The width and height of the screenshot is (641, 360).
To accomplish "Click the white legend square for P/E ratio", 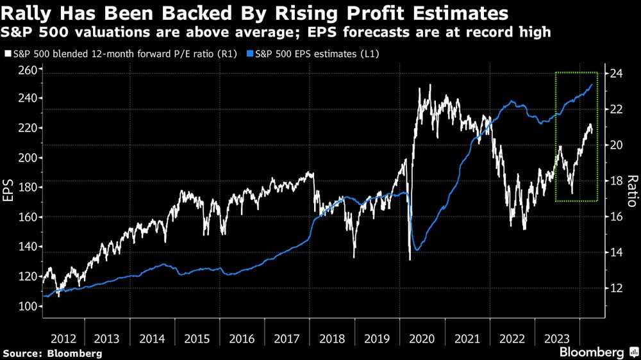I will tap(7, 55).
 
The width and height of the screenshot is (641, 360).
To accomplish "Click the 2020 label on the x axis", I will tap(422, 338).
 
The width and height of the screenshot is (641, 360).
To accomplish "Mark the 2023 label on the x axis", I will tap(557, 338).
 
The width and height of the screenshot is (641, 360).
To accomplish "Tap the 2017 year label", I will tap(288, 338).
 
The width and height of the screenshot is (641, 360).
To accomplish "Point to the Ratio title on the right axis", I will tap(631, 191).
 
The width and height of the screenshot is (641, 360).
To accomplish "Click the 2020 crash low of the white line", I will tap(410, 259).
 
